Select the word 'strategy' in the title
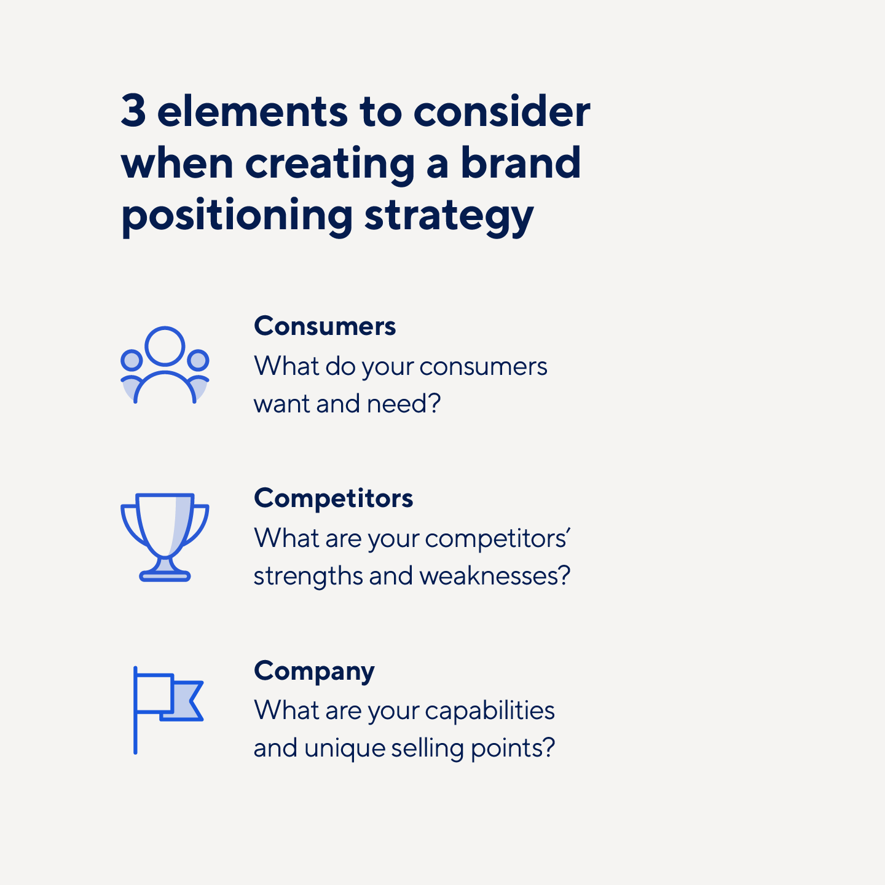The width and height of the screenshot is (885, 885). (449, 216)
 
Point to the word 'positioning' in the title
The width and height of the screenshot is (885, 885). (237, 216)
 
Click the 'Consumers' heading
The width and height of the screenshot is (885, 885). (324, 326)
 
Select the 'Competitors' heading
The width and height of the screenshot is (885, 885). (333, 498)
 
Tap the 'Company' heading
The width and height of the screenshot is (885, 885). (314, 671)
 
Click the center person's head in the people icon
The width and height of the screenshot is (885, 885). (165, 346)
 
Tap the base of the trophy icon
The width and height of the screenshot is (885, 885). (165, 576)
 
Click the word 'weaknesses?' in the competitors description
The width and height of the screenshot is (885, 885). (495, 576)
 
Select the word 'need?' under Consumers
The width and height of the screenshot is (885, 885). (404, 404)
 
